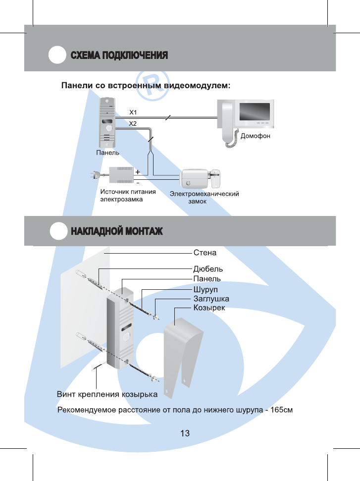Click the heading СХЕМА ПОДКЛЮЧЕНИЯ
119,55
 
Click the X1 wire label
133,112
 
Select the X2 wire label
133,123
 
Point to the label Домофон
255,135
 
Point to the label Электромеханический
205,194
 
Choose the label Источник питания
128,192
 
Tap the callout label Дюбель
207,269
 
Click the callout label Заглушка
211,299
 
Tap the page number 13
185,433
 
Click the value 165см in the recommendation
284,410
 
